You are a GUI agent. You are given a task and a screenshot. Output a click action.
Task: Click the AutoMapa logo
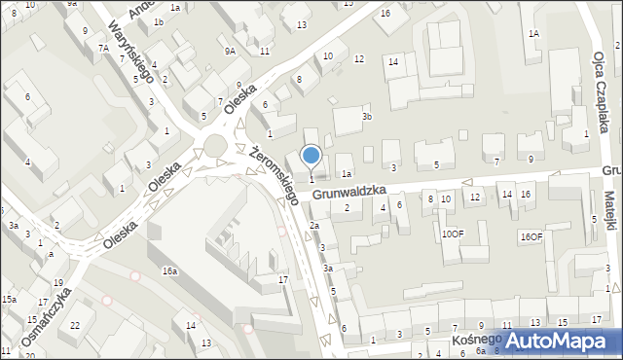point(559,342)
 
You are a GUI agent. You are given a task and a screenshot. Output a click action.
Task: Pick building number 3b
point(367,117)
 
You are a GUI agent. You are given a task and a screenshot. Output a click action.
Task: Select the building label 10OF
point(453,234)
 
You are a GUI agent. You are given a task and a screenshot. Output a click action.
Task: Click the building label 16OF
point(531,236)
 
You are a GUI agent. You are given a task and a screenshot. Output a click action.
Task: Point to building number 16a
point(169,271)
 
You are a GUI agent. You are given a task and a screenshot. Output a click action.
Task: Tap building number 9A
point(230,51)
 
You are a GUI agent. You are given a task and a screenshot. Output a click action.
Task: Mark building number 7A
point(102,48)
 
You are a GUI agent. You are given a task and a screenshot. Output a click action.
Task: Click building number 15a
point(9,300)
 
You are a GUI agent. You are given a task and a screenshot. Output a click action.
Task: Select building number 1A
point(533,33)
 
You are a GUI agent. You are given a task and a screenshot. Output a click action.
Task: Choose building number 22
point(76,325)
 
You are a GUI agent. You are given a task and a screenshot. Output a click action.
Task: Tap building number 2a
point(313,225)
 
